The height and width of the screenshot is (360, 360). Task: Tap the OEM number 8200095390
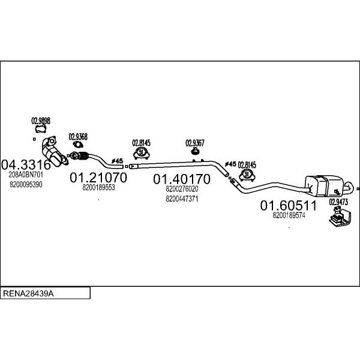pos(26,184)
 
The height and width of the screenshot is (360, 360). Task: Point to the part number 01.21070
pos(98,178)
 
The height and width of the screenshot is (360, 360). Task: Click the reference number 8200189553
pos(98,188)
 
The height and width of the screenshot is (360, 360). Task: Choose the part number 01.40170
pos(181,179)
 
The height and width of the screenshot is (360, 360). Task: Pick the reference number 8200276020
pos(181,189)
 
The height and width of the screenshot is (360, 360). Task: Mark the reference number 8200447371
pos(181,199)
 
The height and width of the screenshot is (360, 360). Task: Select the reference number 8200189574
pos(289,215)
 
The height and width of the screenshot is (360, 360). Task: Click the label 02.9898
pos(40,121)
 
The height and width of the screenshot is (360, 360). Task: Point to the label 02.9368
pos(77,136)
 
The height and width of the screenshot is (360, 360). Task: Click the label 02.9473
pos(338,202)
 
